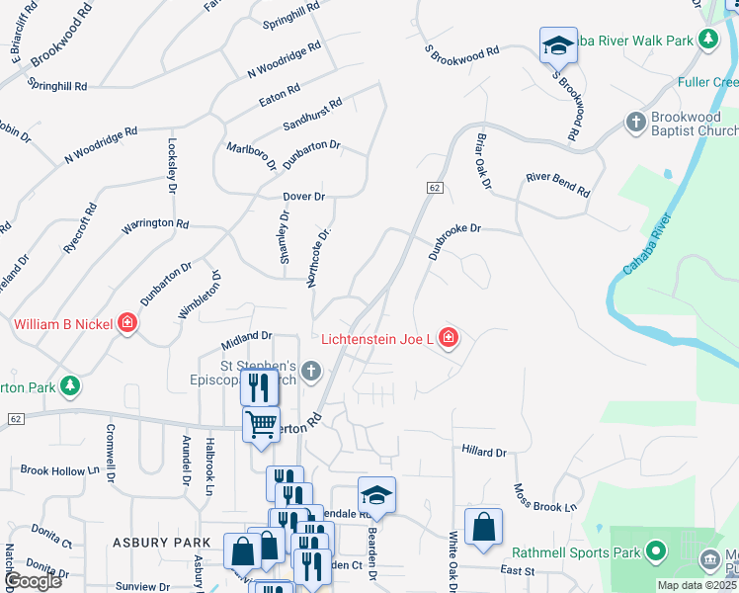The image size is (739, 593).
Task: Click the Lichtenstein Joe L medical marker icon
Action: (449, 339)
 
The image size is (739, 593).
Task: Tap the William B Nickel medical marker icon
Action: (126, 323)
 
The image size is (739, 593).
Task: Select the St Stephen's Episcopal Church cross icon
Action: (312, 372)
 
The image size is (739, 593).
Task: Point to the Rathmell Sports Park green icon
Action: (655, 551)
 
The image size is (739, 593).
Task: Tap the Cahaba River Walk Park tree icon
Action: (707, 40)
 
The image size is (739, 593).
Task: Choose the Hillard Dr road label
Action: (483, 452)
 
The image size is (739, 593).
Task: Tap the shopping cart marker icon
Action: (261, 424)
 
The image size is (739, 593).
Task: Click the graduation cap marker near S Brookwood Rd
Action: (557, 44)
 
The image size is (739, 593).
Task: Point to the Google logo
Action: (33, 581)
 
